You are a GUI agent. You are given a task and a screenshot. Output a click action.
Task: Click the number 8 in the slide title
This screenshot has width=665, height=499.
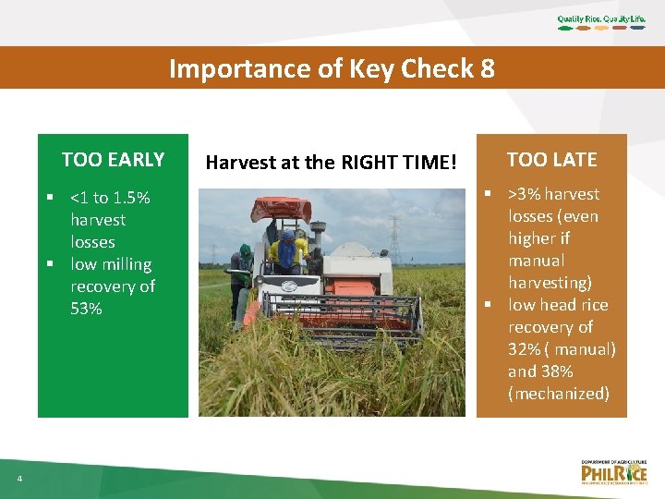[x=486, y=68]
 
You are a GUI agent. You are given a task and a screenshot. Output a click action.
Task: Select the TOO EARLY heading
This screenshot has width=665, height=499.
[x=113, y=160]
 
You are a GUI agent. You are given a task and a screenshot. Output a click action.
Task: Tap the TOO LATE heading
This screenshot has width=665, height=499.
[x=552, y=159]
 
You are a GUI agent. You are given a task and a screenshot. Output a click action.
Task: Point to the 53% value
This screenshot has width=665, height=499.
[x=86, y=309]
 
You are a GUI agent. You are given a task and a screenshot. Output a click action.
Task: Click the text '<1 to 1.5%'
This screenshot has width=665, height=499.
[x=110, y=198]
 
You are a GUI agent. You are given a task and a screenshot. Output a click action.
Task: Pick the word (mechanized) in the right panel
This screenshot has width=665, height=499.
[x=558, y=394]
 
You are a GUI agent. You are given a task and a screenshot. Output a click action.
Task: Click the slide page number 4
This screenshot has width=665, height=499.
[x=18, y=478]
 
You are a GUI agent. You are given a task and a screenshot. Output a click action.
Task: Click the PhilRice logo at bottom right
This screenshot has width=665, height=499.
[x=613, y=471]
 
